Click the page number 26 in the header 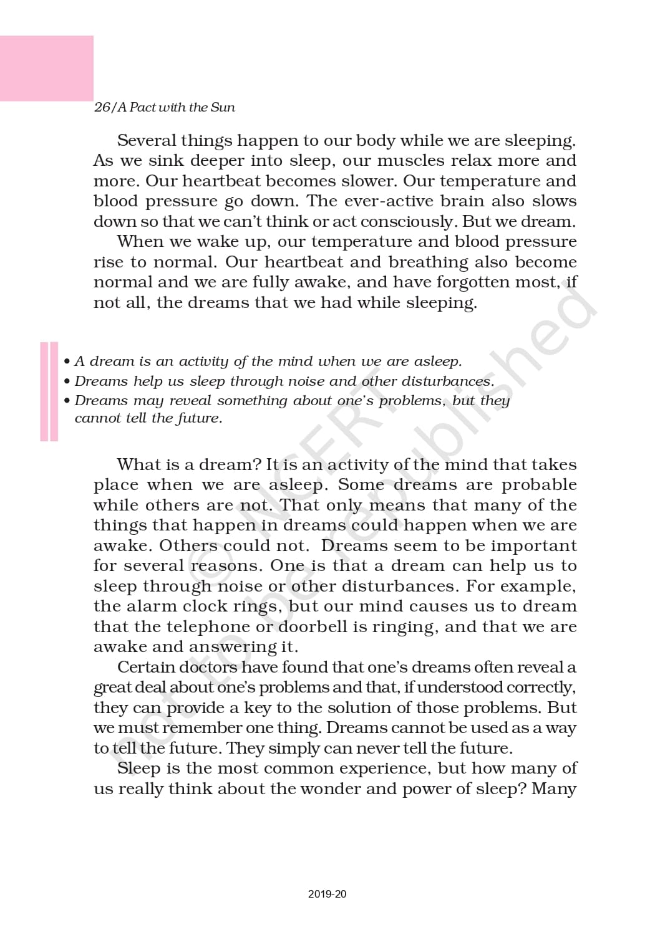click(102, 107)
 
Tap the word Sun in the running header click(223, 107)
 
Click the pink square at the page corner click(46, 68)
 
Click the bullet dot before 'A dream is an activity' click(67, 362)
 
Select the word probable click(539, 485)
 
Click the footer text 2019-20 click(327, 894)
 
